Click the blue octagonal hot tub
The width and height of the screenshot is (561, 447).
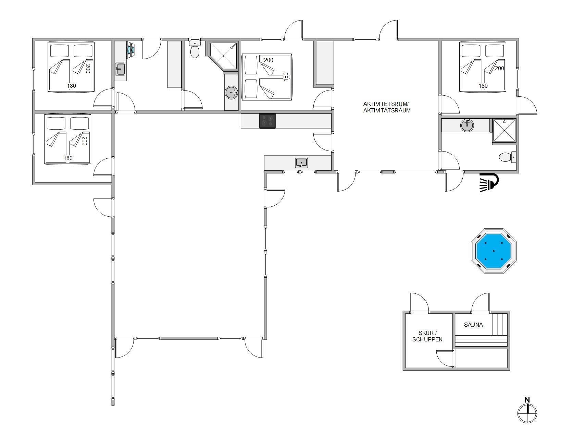(x=494, y=251)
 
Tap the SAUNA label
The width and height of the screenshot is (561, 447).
(x=473, y=325)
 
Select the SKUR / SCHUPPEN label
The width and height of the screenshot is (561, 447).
(x=427, y=336)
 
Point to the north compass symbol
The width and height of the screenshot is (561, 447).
(x=527, y=411)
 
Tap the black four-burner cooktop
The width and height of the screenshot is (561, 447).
(x=267, y=121)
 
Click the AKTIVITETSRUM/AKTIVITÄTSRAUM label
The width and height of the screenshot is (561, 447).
(x=387, y=107)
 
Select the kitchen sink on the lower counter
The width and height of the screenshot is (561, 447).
(x=301, y=163)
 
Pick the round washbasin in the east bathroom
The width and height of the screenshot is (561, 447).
(x=467, y=125)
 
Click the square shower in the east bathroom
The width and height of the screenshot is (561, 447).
(x=504, y=131)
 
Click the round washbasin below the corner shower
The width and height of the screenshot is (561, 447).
(x=231, y=93)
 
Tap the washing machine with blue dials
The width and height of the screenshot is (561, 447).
(x=130, y=49)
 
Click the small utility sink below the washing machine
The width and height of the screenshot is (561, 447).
(x=120, y=69)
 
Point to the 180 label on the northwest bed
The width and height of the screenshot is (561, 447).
(x=72, y=86)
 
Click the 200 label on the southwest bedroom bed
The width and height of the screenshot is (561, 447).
(x=84, y=141)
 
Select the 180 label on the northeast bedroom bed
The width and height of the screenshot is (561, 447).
(x=483, y=86)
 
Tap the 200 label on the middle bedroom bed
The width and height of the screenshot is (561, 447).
(x=269, y=60)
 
